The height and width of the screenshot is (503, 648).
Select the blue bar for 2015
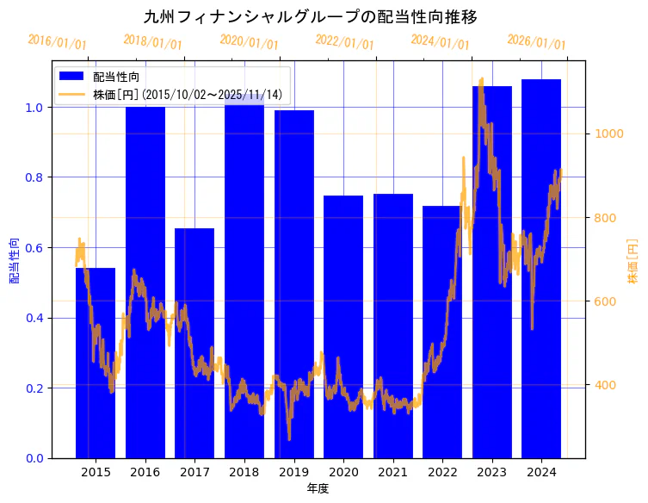[96, 362]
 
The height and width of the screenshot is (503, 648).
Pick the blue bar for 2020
[343, 327]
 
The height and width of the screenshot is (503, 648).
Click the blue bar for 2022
[442, 332]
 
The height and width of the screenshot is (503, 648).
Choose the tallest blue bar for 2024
[541, 267]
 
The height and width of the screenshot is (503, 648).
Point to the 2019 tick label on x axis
[293, 472]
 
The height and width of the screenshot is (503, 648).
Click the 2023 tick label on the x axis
[491, 472]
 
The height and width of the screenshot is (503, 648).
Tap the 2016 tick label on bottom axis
[145, 472]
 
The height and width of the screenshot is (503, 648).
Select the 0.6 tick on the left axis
[35, 248]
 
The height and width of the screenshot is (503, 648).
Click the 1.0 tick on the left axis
[35, 108]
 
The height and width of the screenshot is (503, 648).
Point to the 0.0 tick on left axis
[35, 458]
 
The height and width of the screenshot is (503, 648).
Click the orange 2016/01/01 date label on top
[58, 42]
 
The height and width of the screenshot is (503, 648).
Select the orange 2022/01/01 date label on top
[345, 42]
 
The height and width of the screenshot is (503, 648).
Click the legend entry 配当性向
[116, 77]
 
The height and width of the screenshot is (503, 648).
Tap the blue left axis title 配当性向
[15, 260]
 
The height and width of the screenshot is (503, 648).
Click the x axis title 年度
[318, 488]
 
